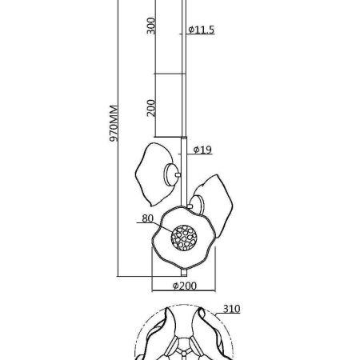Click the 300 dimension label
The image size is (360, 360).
pyautogui.click(x=151, y=26)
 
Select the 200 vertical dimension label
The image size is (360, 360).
pyautogui.click(x=151, y=108)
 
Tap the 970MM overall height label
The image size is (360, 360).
pyautogui.click(x=114, y=123)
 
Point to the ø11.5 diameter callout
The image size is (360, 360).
pyautogui.click(x=201, y=30)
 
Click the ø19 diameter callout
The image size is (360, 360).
pyautogui.click(x=202, y=150)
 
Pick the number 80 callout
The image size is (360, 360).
pyautogui.click(x=147, y=218)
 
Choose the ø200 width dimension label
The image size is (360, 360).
pyautogui.click(x=185, y=286)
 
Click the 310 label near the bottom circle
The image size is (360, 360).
pyautogui.click(x=231, y=309)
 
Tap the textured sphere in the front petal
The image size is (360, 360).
pyautogui.click(x=184, y=238)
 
